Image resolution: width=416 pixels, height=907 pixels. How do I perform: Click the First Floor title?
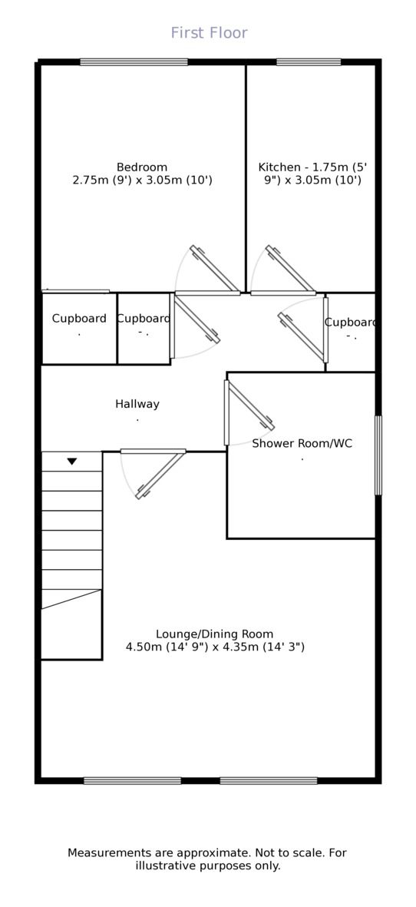[210, 33]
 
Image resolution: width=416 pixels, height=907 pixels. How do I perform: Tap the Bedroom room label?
[142, 167]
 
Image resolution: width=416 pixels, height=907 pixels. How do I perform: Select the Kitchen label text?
[279, 167]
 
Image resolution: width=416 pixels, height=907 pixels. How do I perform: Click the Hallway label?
[137, 404]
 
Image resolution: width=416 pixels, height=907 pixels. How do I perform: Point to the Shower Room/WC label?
[302, 444]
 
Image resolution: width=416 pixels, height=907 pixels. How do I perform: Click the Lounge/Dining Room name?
[215, 634]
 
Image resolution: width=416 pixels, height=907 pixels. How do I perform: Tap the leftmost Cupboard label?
[79, 319]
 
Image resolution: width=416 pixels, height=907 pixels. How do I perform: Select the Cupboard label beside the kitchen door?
[350, 323]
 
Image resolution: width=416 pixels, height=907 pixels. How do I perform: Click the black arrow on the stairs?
[71, 462]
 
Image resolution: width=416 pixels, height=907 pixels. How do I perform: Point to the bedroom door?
[214, 270]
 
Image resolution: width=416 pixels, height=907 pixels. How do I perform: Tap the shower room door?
[249, 405]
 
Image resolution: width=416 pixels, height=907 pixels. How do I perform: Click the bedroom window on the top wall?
[134, 62]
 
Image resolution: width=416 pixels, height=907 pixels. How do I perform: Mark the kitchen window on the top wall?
[309, 62]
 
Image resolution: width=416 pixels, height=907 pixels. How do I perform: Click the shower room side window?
[378, 455]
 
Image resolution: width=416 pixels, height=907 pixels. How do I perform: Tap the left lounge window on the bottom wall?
[132, 781]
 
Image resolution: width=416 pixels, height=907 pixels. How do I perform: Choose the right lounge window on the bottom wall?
[269, 781]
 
